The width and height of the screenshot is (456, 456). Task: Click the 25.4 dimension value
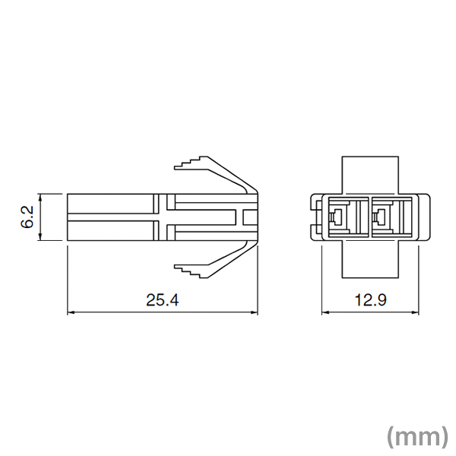[162, 300]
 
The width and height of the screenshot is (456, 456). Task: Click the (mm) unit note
[416, 435]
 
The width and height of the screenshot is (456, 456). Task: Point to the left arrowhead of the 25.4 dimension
[71, 312]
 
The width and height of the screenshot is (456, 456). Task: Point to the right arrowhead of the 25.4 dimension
[255, 312]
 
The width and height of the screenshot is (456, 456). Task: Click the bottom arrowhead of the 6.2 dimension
[40, 239]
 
